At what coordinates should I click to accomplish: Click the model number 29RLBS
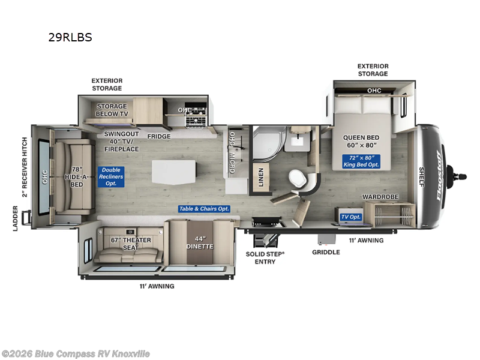[x=70, y=37]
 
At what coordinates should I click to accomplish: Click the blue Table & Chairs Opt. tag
[x=204, y=209]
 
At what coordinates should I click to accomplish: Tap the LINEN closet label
[x=261, y=178]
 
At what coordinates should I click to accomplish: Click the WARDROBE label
[x=381, y=197]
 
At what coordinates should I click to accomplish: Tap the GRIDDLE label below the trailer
[x=326, y=252]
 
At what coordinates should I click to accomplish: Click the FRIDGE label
[x=159, y=136]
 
